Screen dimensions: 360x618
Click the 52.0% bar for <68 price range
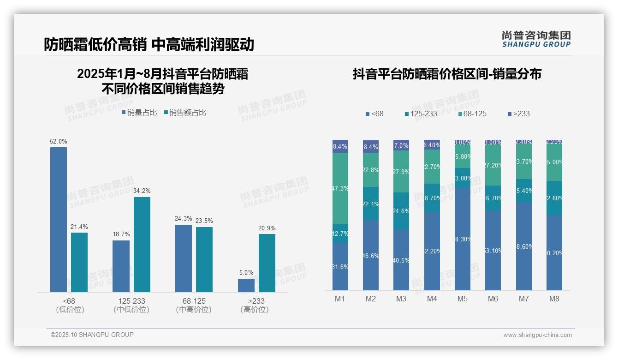click(x=59, y=219)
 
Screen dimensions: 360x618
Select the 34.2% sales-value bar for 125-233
click(x=142, y=245)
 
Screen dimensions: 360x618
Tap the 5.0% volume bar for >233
click(x=246, y=285)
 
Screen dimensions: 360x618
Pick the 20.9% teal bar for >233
click(x=267, y=263)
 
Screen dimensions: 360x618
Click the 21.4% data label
click(x=79, y=227)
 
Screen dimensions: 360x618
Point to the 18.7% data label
click(x=121, y=234)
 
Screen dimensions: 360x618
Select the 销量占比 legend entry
click(x=139, y=113)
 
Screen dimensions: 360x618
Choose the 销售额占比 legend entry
click(x=185, y=113)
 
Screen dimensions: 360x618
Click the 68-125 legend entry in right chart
click(x=472, y=114)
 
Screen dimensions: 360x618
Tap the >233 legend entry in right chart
click(x=518, y=114)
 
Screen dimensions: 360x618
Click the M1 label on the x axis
click(x=340, y=299)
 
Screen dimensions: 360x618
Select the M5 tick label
click(x=463, y=299)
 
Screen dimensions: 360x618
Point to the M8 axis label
click(x=554, y=299)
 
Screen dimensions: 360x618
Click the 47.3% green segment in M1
click(x=340, y=188)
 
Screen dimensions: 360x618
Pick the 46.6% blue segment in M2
click(x=371, y=255)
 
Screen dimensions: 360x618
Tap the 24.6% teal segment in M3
click(x=401, y=211)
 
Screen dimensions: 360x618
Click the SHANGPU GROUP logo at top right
click(x=536, y=39)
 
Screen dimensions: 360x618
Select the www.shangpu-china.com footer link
click(x=537, y=335)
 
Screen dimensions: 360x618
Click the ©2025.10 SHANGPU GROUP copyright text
click(x=92, y=335)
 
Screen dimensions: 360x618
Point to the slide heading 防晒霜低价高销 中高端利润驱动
click(x=149, y=44)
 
